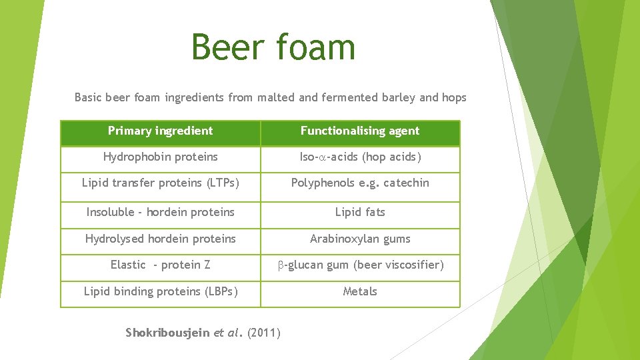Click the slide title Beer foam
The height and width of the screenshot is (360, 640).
click(273, 47)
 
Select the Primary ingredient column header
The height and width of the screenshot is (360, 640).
click(160, 131)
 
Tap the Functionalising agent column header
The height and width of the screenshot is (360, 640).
click(360, 131)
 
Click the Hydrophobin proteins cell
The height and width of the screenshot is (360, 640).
click(160, 157)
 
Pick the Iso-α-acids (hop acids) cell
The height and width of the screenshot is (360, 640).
click(360, 157)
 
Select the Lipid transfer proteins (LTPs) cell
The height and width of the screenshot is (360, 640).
click(160, 183)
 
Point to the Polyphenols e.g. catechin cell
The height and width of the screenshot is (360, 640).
click(360, 183)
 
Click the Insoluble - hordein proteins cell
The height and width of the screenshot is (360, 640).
click(160, 212)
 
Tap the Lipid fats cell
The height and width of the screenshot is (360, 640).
click(360, 212)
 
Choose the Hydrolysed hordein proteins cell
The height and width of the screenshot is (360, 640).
click(160, 239)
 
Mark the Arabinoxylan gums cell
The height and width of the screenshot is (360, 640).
click(360, 239)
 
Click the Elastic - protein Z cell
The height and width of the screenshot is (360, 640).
click(160, 265)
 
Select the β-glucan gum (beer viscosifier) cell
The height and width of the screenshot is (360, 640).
click(360, 265)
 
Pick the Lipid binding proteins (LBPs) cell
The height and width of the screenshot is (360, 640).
click(160, 291)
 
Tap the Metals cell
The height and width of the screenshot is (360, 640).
click(360, 291)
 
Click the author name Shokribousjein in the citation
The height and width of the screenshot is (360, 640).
click(167, 333)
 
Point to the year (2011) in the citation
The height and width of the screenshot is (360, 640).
click(264, 333)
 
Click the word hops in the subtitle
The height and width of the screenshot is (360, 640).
click(454, 98)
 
